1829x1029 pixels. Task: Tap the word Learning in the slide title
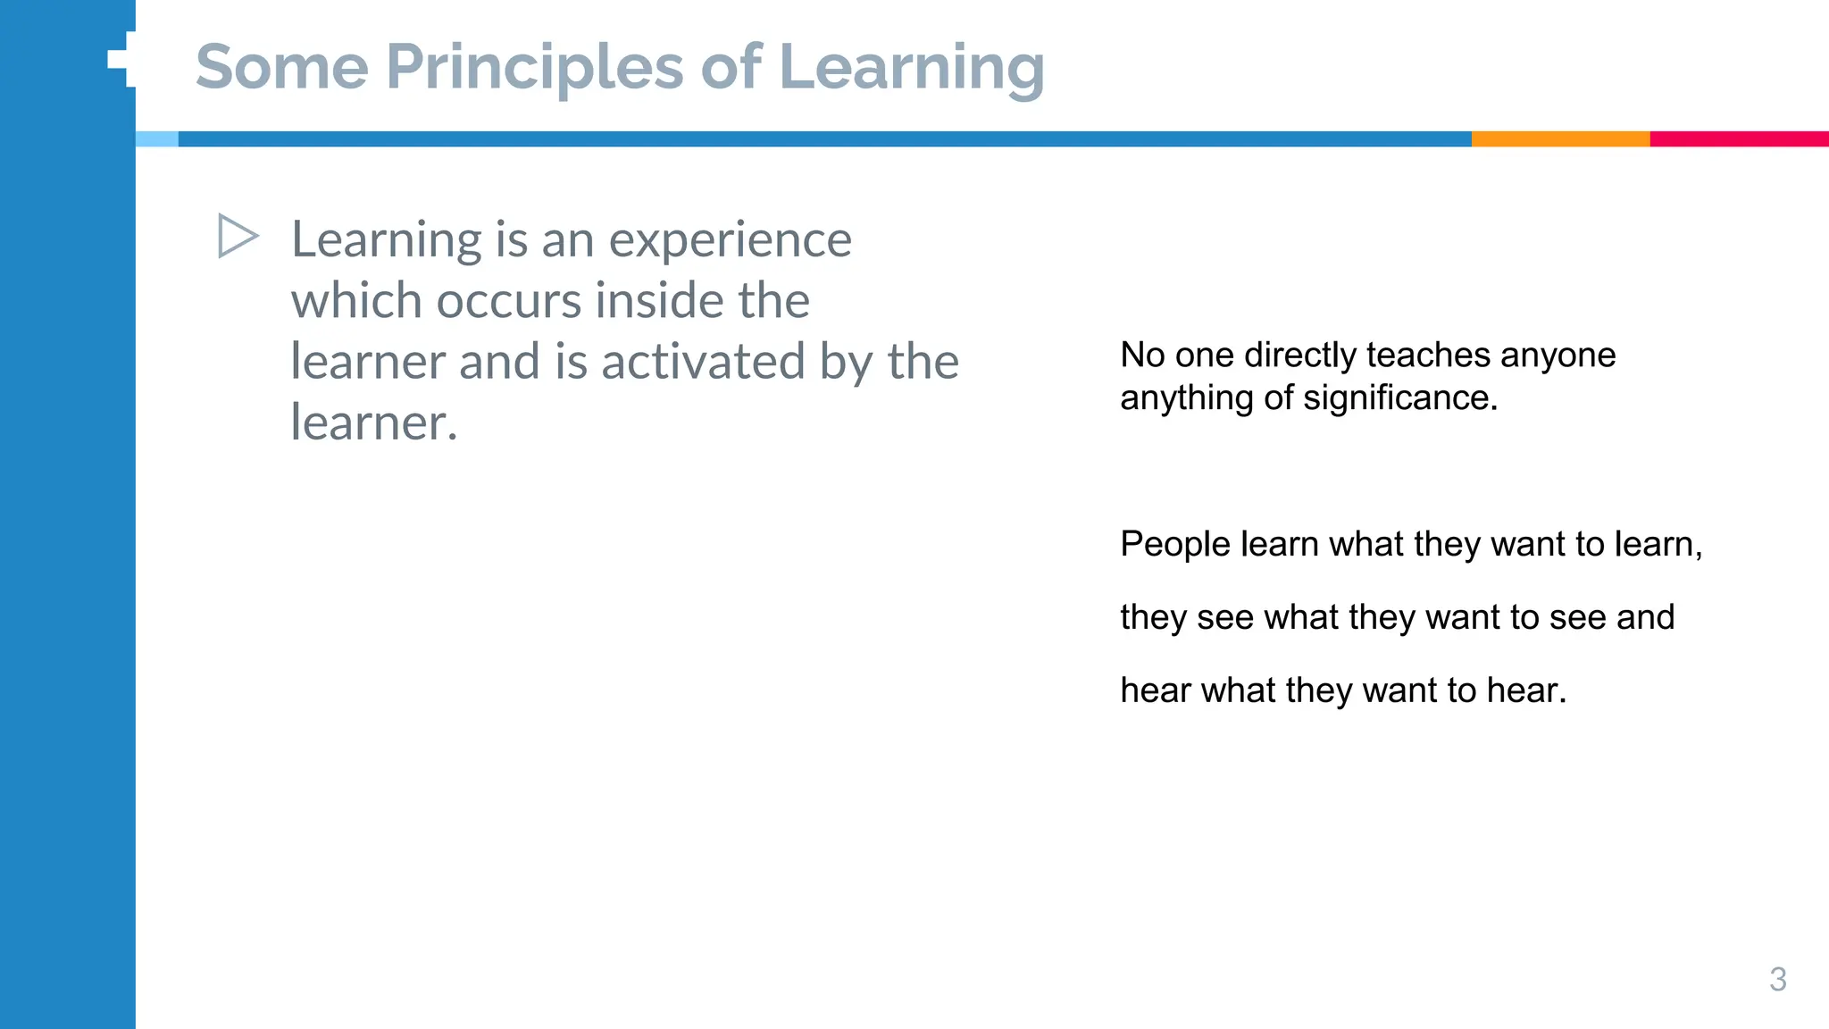[911, 68]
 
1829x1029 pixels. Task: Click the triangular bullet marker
[237, 237]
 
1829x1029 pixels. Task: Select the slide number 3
[1777, 979]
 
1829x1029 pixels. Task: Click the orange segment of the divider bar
[1559, 139]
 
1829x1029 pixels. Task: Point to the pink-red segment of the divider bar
[1738, 139]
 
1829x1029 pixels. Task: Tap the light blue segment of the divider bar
[157, 139]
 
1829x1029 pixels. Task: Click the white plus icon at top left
[123, 59]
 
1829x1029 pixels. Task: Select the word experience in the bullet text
[730, 240]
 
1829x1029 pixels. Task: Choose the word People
[1174, 545]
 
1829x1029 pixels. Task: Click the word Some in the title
[281, 68]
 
